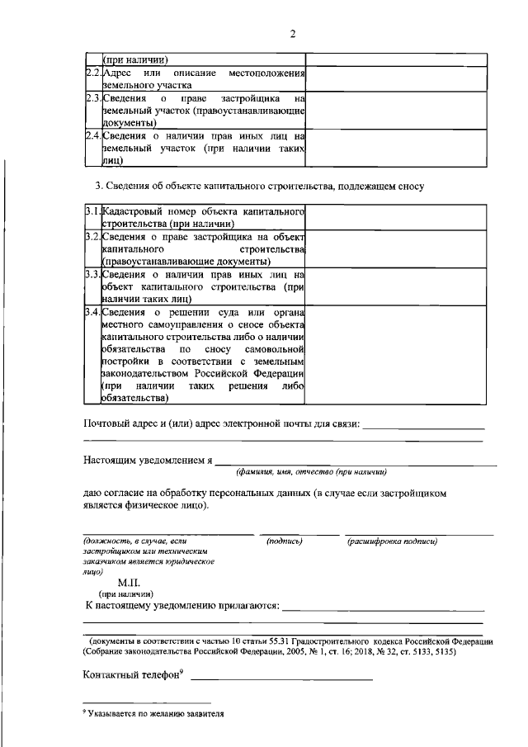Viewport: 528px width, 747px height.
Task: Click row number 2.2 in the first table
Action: tap(93, 75)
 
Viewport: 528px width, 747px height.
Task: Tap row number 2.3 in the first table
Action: tap(93, 99)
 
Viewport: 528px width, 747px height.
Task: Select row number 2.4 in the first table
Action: tap(93, 135)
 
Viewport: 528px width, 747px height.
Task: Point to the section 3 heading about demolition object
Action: tap(261, 186)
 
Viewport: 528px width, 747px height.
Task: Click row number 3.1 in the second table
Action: tap(93, 213)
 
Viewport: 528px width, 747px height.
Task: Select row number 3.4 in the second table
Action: tap(93, 311)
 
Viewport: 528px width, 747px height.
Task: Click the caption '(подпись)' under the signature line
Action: tap(285, 541)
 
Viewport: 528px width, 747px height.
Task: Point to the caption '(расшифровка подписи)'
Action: tap(392, 541)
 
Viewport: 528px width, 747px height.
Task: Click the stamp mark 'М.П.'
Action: tap(130, 582)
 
